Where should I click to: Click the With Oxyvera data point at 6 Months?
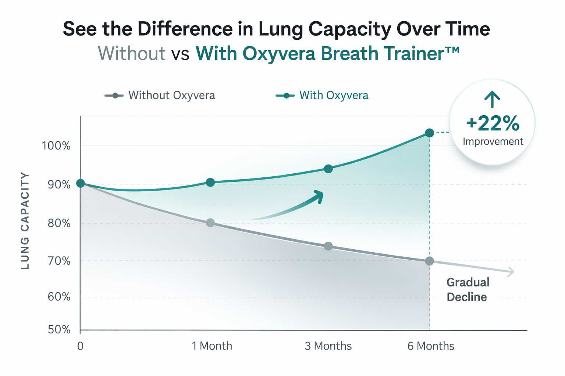pos(429,133)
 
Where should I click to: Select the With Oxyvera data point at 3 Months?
pos(328,169)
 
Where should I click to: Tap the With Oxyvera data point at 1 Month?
pos(210,182)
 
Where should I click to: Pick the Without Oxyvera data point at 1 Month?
pos(210,223)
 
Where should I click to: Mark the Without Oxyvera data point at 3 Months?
pos(328,246)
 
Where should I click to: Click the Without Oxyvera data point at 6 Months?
pos(429,261)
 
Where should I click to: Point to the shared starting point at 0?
pos(81,183)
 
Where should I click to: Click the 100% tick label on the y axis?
pos(56,146)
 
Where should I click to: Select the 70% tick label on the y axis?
pos(59,261)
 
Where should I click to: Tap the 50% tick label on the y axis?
pos(59,329)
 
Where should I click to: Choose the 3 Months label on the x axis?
pos(328,346)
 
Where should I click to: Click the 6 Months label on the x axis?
pos(431,346)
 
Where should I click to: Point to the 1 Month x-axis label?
pos(212,346)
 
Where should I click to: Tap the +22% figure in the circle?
pos(493,123)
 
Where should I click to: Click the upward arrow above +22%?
pos(492,99)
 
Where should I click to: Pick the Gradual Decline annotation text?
pos(468,289)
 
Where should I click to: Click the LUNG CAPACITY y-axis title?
pos(25,221)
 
